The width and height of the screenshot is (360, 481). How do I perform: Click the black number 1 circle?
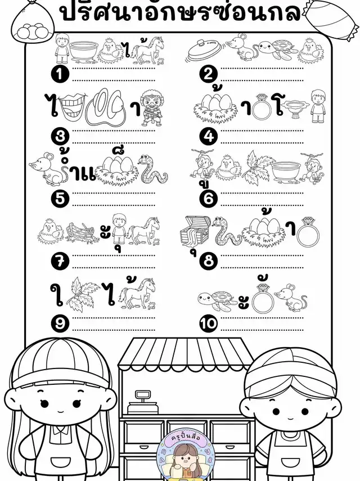coord(60,74)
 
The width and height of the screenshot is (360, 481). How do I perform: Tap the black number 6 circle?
coord(209,199)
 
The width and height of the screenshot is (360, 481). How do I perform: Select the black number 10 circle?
coord(209,323)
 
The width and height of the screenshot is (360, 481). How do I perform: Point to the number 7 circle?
coord(60,261)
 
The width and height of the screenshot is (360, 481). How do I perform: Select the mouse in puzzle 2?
coord(242,47)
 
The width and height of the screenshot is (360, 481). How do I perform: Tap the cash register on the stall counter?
coord(142,402)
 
